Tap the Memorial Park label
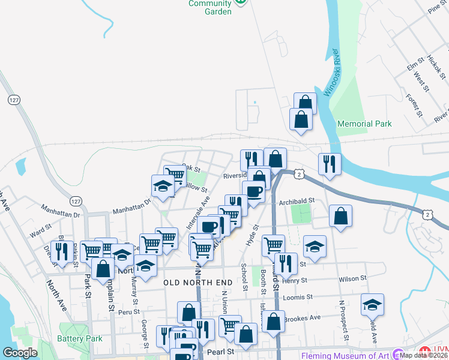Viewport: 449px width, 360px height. pyautogui.click(x=364, y=124)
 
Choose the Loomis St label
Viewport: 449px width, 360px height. pyautogui.click(x=298, y=296)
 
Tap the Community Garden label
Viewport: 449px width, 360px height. pyautogui.click(x=210, y=7)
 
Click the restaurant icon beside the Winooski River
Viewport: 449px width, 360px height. pyautogui.click(x=330, y=164)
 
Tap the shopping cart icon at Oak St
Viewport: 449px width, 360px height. pyautogui.click(x=175, y=175)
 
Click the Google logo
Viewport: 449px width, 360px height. pyautogui.click(x=20, y=353)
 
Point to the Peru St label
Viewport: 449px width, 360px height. pyautogui.click(x=128, y=312)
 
